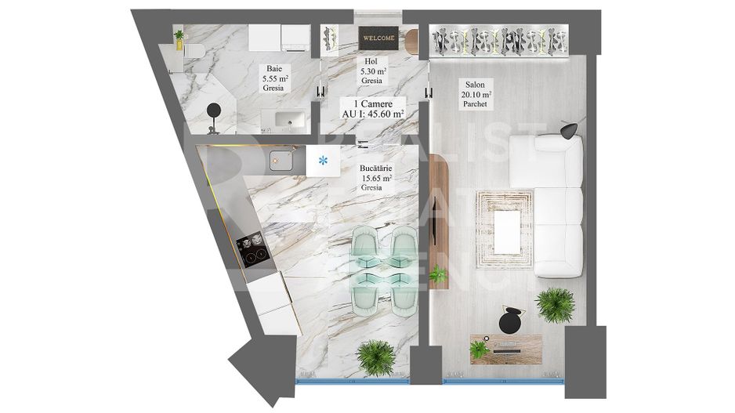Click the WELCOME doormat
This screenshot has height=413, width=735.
coord(378,37)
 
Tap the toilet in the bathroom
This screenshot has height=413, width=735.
coord(194,52)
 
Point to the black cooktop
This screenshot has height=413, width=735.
coord(252,249)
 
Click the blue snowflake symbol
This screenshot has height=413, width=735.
coord(322,161)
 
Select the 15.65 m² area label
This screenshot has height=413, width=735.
coord(377,178)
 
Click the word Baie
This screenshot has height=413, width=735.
coord(273,68)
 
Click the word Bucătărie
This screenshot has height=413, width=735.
coord(376,168)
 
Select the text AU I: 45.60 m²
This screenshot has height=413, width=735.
coord(373,114)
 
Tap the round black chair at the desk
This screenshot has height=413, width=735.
coord(511,319)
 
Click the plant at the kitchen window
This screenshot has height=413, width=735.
coord(375,357)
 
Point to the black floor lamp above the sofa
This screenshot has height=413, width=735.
coord(570,129)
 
